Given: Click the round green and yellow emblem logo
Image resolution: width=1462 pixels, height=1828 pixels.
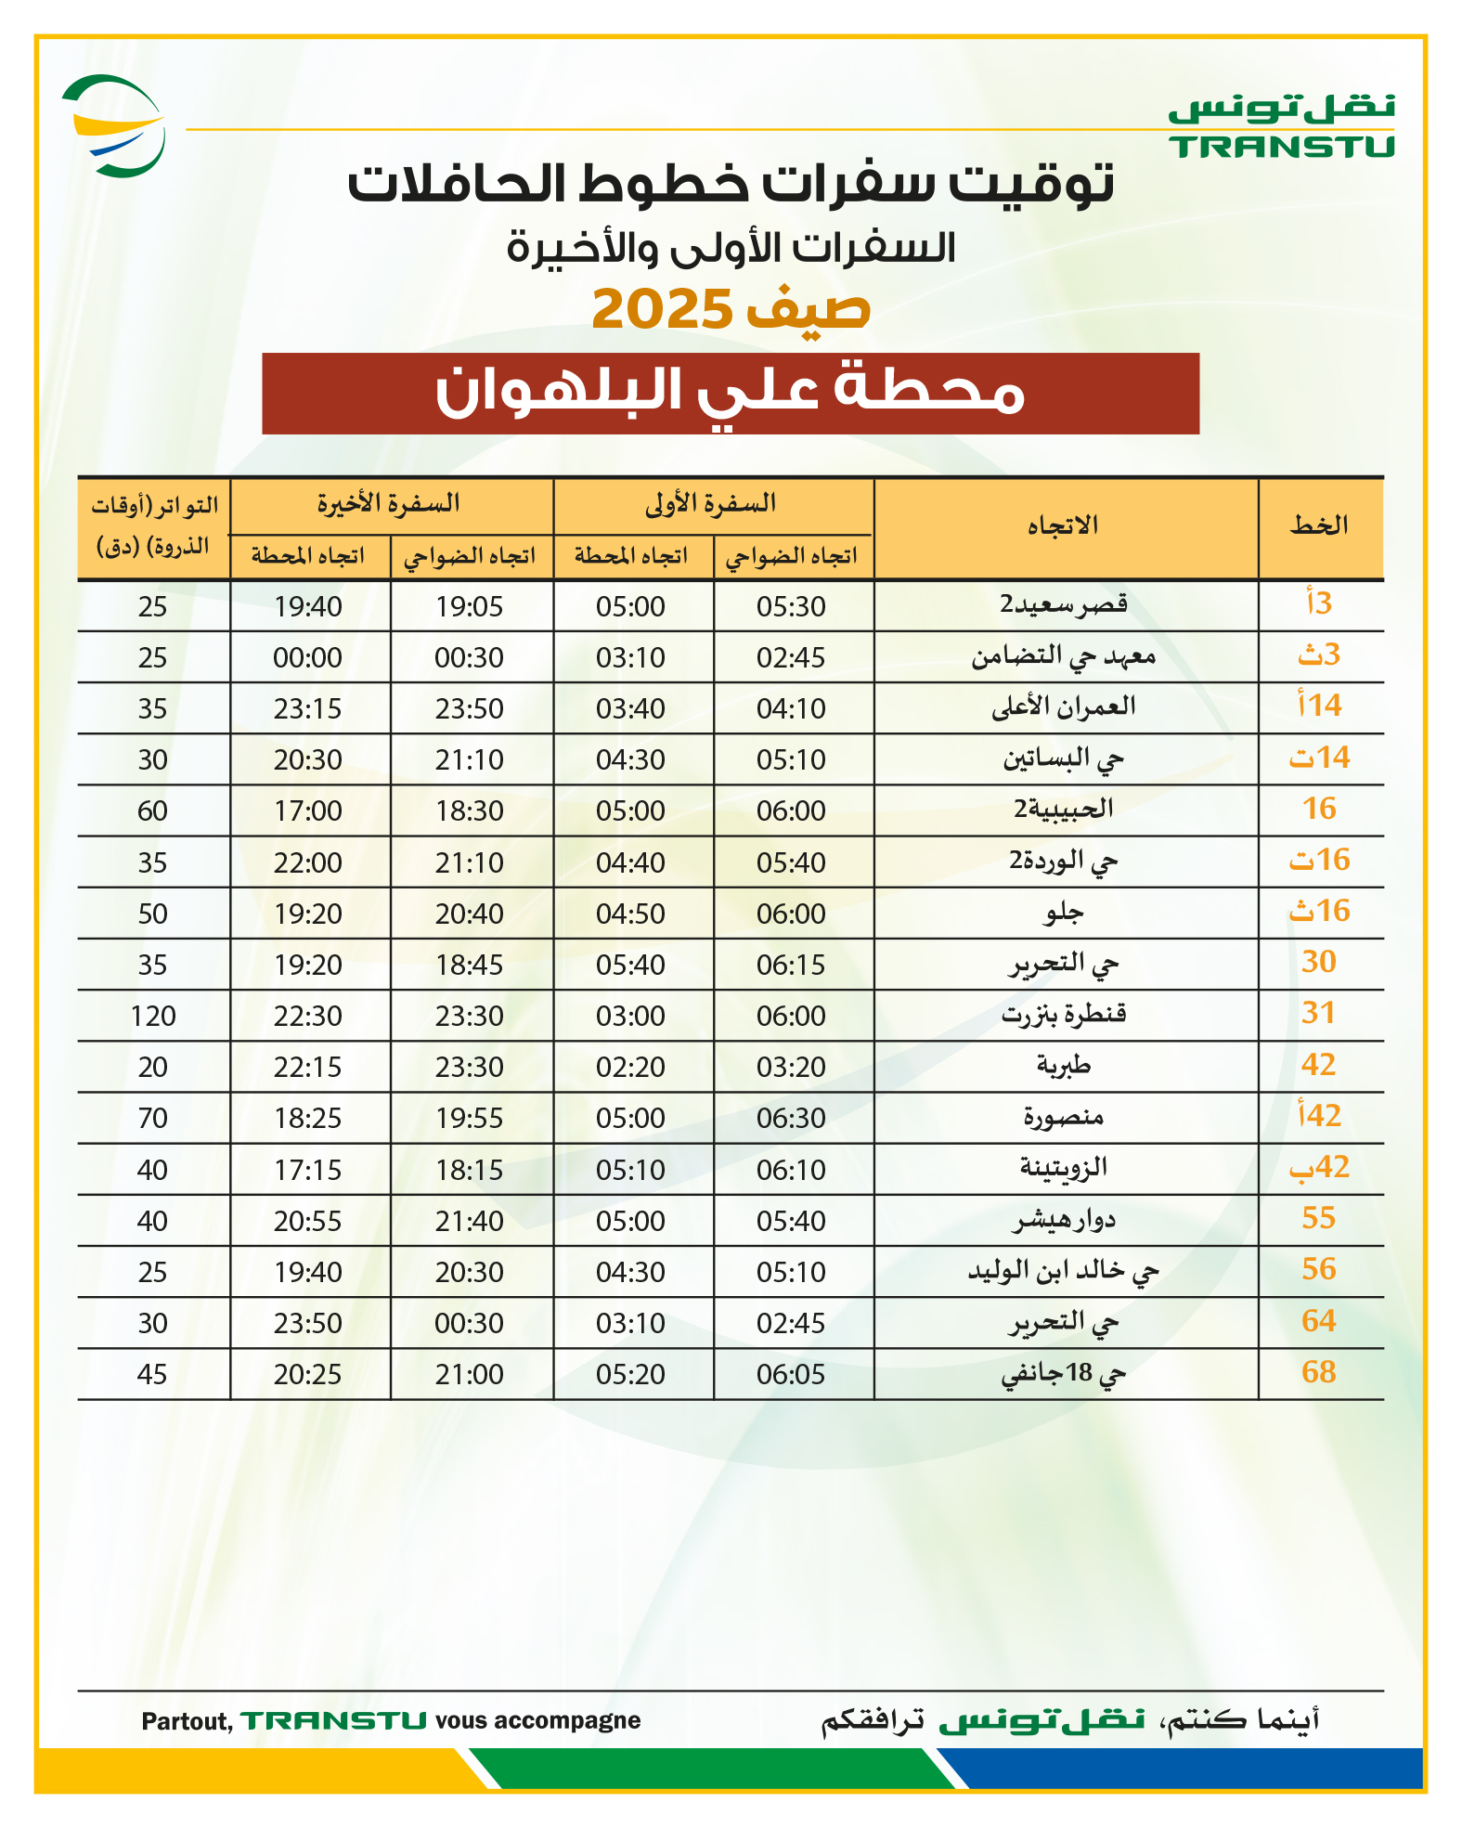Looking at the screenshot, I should click(114, 126).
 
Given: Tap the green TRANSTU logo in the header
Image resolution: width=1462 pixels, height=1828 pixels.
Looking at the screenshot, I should click(1281, 127).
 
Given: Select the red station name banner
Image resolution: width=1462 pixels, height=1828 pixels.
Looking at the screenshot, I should click(730, 393).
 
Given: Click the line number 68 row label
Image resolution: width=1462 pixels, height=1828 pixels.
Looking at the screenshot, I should click(1318, 1372).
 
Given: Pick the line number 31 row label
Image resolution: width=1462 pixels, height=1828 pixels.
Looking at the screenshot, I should click(1318, 1014).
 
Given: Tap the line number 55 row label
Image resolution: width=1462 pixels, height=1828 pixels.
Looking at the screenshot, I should click(1318, 1219).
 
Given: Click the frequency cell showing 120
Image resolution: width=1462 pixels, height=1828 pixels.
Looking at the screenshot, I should click(153, 1017).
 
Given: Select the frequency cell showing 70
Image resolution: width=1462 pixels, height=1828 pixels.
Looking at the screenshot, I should click(153, 1119).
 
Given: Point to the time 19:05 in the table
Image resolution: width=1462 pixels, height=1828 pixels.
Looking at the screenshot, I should click(470, 607).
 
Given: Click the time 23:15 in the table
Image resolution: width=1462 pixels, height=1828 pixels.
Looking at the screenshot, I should click(308, 709).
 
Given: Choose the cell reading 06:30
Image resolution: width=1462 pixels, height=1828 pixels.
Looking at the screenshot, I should click(791, 1119).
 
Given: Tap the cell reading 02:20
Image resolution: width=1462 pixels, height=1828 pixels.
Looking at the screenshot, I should click(631, 1068).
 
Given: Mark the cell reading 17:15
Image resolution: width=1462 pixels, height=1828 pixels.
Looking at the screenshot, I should click(308, 1170).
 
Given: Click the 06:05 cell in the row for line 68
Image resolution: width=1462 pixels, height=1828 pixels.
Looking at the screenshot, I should click(791, 1375).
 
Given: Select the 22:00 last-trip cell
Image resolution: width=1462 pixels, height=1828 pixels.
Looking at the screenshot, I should click(308, 863).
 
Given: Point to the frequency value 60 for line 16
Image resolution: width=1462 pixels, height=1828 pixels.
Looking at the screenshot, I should click(153, 811).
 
